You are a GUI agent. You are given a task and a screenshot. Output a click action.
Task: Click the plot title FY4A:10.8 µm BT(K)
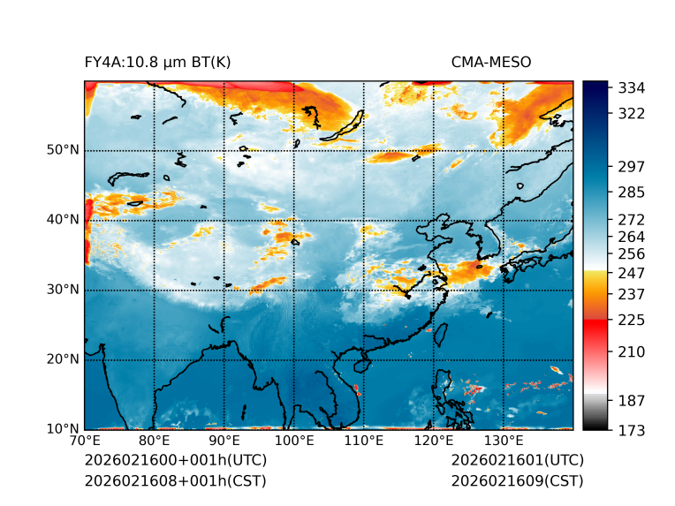tap(158, 62)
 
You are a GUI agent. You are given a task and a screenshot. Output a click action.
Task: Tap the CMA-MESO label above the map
tap(491, 62)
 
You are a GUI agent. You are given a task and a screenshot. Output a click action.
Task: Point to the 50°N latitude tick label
tap(63, 150)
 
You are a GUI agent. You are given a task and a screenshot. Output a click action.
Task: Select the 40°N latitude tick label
tap(63, 220)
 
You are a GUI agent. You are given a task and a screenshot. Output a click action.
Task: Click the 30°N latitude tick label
tap(63, 290)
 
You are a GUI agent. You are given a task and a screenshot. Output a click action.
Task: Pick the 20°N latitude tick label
tap(63, 359)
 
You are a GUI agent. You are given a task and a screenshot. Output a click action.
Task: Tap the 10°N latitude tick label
tap(63, 429)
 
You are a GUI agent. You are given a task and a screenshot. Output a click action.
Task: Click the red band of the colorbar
tap(595, 326)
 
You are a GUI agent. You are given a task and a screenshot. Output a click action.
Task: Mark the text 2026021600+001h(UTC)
tap(175, 461)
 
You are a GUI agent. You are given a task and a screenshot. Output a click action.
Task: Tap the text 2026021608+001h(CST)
tap(175, 480)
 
